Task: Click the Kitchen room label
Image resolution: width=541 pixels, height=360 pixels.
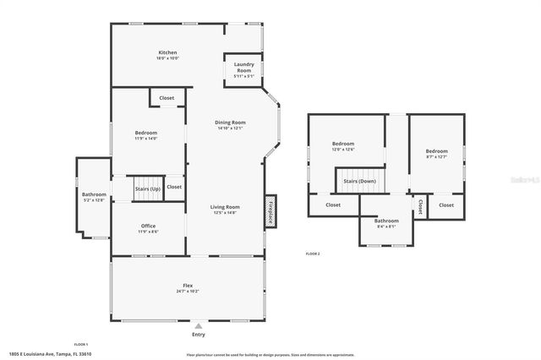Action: pos(167,52)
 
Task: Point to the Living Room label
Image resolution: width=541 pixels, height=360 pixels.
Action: pos(226,207)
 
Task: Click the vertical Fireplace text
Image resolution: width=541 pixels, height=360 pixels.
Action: pos(270,211)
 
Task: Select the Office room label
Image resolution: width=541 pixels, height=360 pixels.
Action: pos(148,226)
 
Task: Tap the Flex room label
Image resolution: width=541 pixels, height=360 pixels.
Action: pos(188,286)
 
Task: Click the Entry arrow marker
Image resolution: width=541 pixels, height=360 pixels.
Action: pos(198,325)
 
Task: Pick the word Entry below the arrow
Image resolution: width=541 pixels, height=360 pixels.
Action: pos(198,334)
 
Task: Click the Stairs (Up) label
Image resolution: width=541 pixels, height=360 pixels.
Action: pos(148,189)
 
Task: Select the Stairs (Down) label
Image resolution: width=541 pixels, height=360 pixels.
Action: pos(359,181)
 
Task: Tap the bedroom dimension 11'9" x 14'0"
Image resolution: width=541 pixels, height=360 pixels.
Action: pos(146,139)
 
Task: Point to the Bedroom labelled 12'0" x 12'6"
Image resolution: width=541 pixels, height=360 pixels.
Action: pos(342,144)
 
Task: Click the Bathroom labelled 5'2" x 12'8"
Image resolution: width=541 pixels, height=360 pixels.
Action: pos(94,194)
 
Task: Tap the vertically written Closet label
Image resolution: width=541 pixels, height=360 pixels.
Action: pos(420,205)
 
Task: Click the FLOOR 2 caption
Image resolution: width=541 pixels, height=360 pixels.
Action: pos(313,254)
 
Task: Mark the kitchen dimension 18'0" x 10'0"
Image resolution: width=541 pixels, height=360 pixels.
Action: pos(167,58)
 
